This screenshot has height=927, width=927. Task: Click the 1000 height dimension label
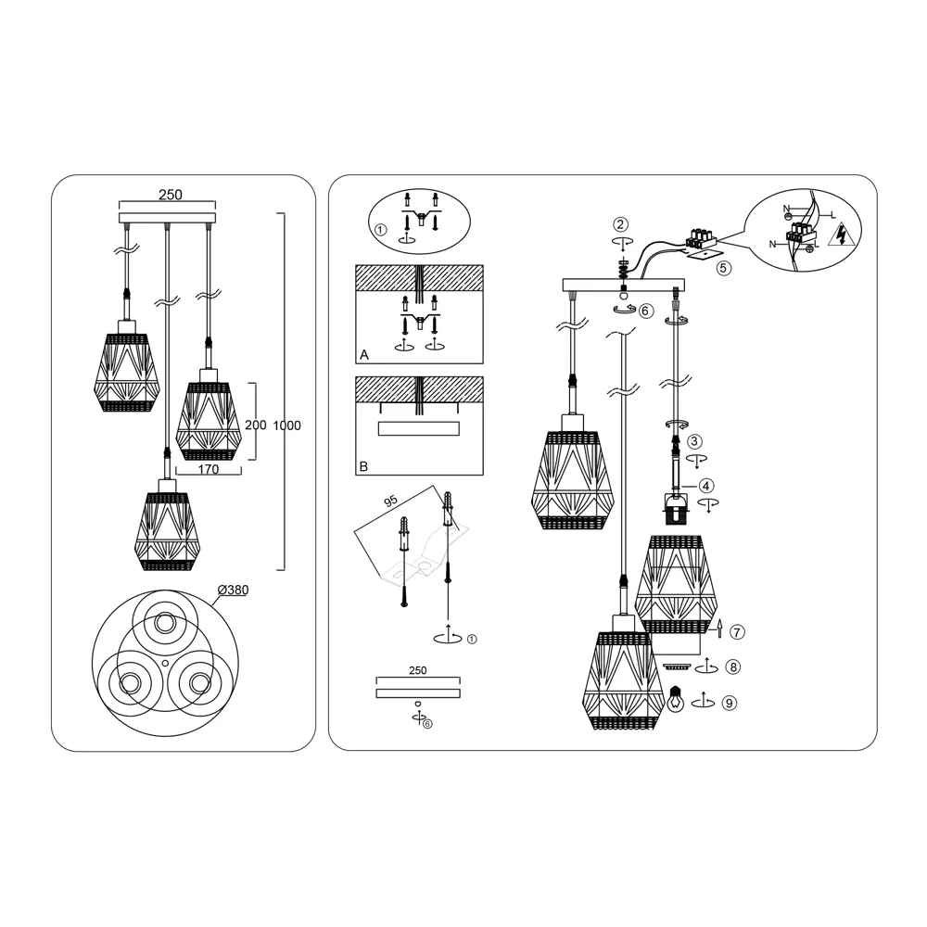[286, 425]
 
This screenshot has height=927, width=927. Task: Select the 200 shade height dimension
[256, 425]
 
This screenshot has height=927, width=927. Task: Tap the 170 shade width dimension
[208, 469]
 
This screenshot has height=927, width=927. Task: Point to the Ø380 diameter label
[233, 590]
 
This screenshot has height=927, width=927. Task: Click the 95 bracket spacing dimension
[391, 502]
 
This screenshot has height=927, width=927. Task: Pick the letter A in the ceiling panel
[364, 355]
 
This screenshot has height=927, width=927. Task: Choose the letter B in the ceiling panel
[363, 466]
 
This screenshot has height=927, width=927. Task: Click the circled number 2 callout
[620, 224]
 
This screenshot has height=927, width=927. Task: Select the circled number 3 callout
[694, 441]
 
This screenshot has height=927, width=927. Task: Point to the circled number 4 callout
[706, 486]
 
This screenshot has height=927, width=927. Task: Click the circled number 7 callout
[737, 632]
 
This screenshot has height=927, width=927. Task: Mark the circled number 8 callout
[733, 667]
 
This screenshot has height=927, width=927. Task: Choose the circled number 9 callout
[730, 703]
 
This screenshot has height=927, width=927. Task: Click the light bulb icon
[675, 699]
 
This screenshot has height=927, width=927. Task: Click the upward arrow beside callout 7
[719, 629]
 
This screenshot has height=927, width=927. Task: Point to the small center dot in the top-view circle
[166, 661]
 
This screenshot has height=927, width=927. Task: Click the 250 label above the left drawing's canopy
[171, 195]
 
